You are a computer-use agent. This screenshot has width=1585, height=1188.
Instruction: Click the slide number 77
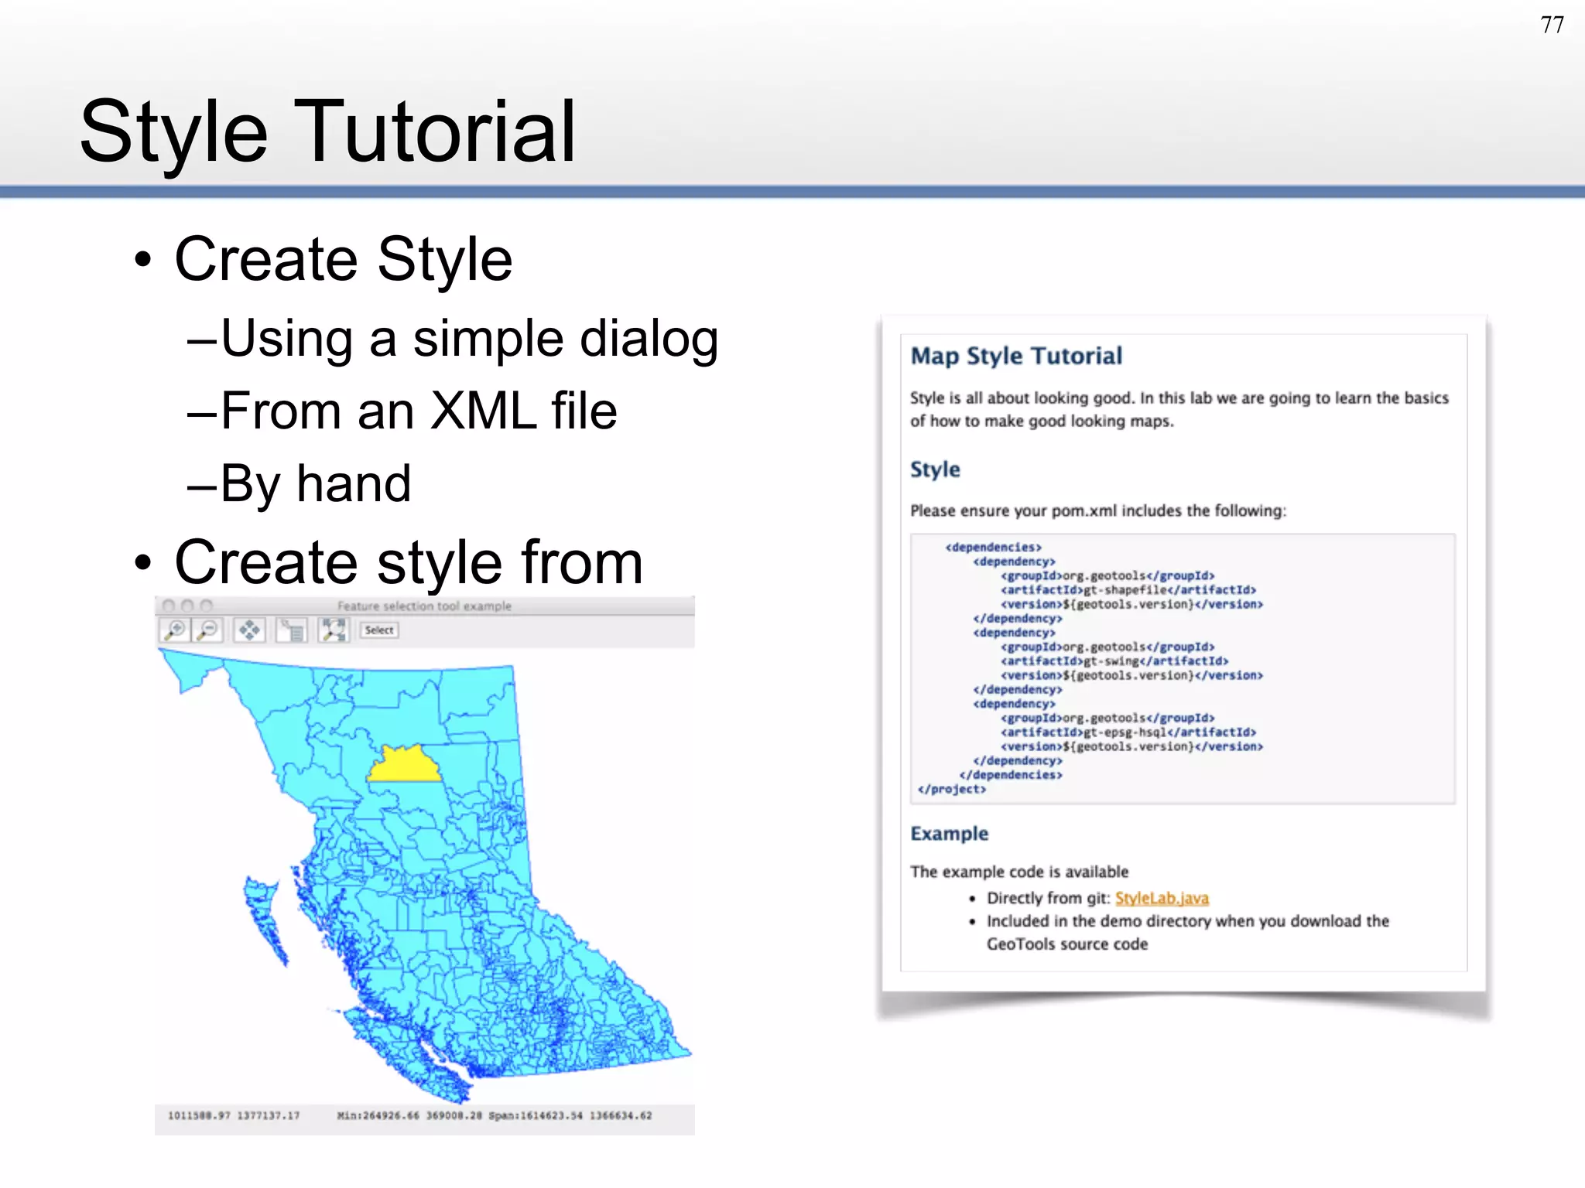coord(1552,26)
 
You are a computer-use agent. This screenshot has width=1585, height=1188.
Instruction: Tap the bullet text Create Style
coord(343,259)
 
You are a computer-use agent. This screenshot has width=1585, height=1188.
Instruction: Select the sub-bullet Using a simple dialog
coord(469,339)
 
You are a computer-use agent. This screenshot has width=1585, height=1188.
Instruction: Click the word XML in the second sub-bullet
coord(483,411)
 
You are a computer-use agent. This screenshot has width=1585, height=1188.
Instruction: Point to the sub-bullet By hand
coord(315,483)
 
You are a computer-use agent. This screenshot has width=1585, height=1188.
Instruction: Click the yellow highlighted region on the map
coord(403,766)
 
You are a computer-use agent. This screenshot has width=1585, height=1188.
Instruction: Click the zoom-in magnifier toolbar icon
coord(176,630)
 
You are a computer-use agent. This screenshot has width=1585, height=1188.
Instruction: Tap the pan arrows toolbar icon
coord(249,630)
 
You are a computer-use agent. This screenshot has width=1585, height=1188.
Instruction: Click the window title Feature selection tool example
coord(424,606)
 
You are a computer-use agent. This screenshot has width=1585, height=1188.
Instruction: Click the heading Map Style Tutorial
coord(1015,356)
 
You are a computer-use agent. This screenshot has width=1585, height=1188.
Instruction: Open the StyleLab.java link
coord(1161,898)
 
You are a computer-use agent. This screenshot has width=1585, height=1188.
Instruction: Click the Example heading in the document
coord(949,834)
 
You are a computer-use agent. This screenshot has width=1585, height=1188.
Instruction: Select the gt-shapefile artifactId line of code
coord(1128,590)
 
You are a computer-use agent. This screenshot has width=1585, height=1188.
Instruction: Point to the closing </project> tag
coord(951,789)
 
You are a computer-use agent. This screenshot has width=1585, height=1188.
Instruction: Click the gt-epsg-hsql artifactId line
coord(1128,732)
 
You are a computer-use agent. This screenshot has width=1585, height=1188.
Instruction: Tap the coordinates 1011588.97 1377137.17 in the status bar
coord(233,1115)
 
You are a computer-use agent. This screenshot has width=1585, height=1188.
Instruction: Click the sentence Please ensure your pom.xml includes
coord(1097,510)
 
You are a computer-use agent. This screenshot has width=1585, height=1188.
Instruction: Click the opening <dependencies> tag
coord(993,548)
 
